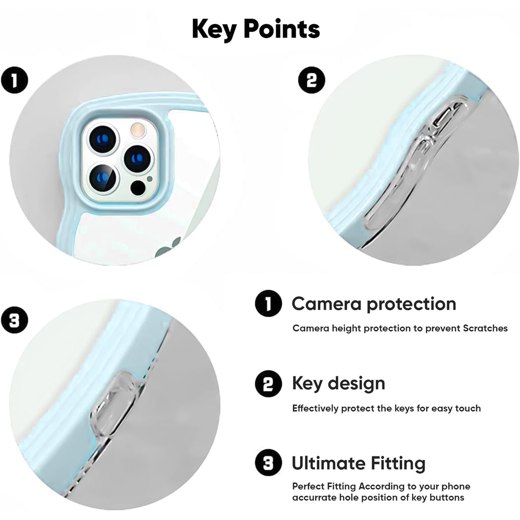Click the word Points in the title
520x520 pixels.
point(281,29)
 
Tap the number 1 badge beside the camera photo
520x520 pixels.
point(15,80)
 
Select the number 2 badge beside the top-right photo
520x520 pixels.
point(311,80)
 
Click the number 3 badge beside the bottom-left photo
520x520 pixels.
point(15,320)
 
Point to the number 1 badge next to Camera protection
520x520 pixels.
point(268,304)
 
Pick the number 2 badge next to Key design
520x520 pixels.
point(268,384)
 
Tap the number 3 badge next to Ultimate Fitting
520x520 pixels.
point(268,463)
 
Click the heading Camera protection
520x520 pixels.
point(374,304)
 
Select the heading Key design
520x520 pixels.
point(338,384)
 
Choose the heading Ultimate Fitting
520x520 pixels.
point(359,463)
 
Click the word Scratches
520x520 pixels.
point(485,329)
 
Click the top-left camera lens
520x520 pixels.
point(103,139)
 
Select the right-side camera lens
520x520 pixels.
point(139,159)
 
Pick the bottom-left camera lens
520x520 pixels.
point(103,179)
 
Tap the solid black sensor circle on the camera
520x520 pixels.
point(138,188)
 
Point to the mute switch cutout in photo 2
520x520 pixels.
point(446,116)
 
